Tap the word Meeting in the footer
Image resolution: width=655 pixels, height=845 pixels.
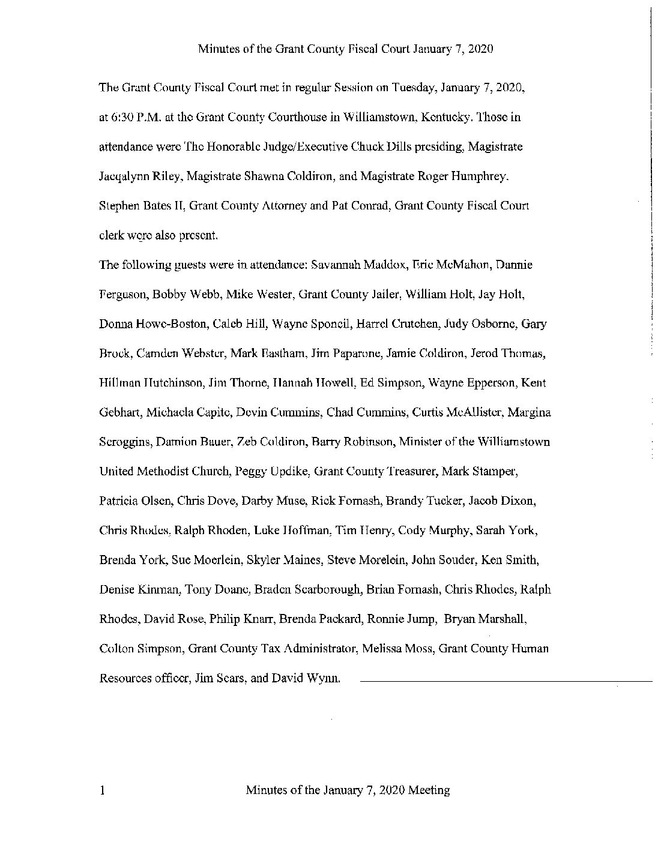pyautogui.click(x=429, y=790)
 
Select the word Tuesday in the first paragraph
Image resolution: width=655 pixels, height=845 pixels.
pyautogui.click(x=414, y=88)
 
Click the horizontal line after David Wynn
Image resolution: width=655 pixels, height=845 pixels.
pyautogui.click(x=504, y=681)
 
